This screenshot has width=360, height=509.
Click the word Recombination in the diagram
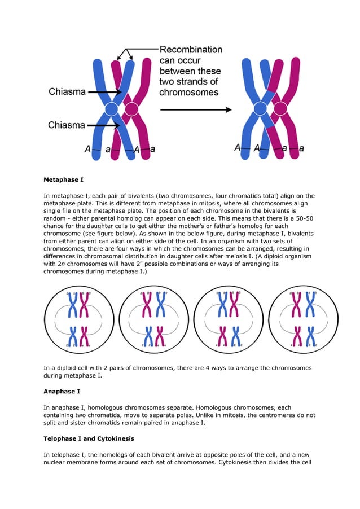pyautogui.click(x=191, y=50)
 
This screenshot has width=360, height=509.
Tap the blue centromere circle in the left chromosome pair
pyautogui.click(x=112, y=109)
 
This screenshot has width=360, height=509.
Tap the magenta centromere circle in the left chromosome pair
pyautogui.click(x=131, y=109)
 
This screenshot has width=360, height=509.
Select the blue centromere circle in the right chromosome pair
pyautogui.click(x=260, y=109)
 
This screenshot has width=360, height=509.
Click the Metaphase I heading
pyautogui.click(x=63, y=180)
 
